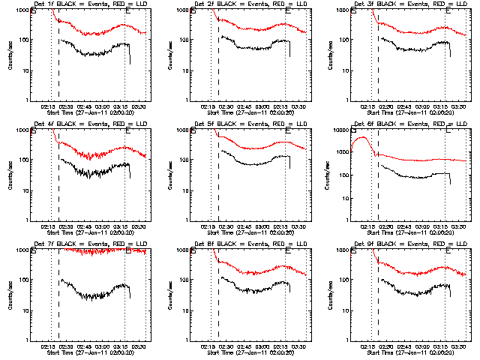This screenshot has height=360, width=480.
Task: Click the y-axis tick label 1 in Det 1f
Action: (x=27, y=100)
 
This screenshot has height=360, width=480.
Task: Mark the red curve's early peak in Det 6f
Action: (x=364, y=137)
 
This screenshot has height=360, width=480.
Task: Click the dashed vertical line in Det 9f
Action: (x=379, y=300)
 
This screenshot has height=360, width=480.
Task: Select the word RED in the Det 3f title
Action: (x=433, y=5)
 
